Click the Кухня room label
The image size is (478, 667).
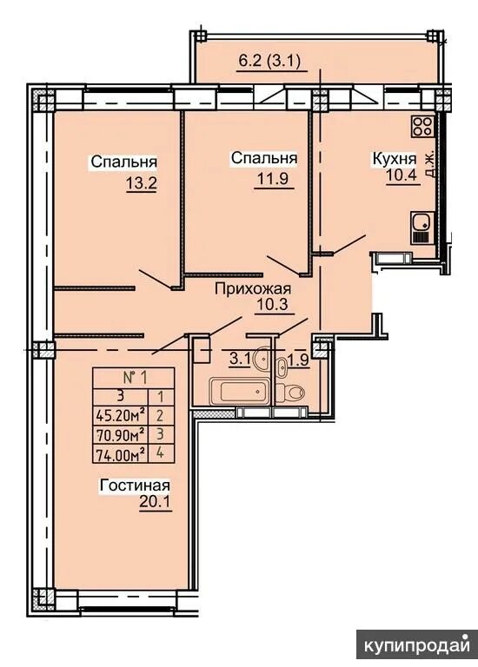pyautogui.click(x=395, y=159)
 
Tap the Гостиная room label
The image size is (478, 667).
pyautogui.click(x=135, y=485)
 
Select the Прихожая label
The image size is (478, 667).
pyautogui.click(x=253, y=289)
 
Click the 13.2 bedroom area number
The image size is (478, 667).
pyautogui.click(x=142, y=184)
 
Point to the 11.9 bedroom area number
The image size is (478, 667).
pyautogui.click(x=272, y=178)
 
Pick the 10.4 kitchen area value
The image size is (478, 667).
pyautogui.click(x=401, y=175)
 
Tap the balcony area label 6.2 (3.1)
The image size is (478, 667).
pyautogui.click(x=269, y=62)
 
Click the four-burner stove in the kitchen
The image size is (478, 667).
pyautogui.click(x=422, y=126)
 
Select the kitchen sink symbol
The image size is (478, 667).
pyautogui.click(x=422, y=228)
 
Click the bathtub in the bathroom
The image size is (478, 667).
pyautogui.click(x=239, y=392)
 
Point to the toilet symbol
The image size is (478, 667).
pyautogui.click(x=290, y=392)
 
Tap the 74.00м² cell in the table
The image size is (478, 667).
pyautogui.click(x=121, y=453)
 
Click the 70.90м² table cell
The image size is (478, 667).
pyautogui.click(x=121, y=434)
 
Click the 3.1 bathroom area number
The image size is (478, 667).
pyautogui.click(x=239, y=358)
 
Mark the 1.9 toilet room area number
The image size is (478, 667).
pyautogui.click(x=298, y=360)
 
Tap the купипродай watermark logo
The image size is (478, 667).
pyautogui.click(x=417, y=646)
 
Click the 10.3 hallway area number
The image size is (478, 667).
pyautogui.click(x=273, y=305)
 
